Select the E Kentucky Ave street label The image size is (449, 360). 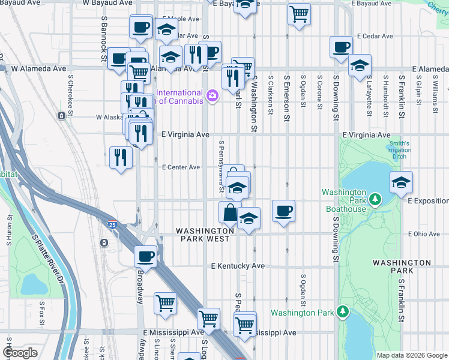[x=237, y=266]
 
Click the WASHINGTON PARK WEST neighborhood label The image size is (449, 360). [x=203, y=235]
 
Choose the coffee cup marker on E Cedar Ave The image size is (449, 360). [x=342, y=47]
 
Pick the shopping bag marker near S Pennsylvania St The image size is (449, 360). [x=230, y=212]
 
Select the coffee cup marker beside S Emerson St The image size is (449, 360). [x=283, y=211]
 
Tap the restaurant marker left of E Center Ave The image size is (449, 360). [x=121, y=157]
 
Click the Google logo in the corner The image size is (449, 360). [x=20, y=353]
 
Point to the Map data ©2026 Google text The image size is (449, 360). [x=412, y=355]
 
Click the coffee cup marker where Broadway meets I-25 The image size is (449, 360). [x=145, y=256]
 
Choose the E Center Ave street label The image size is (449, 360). [x=181, y=167]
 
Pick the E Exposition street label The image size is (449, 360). [x=427, y=200]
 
